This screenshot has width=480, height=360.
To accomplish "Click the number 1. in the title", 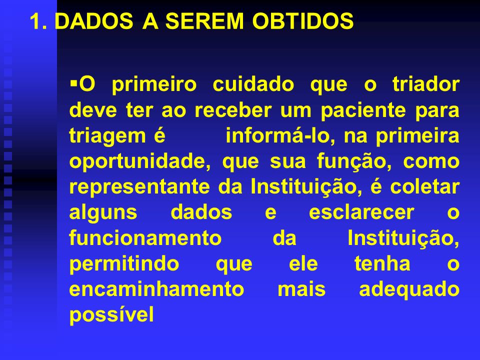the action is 38,21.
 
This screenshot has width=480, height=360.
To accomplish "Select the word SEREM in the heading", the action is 204,21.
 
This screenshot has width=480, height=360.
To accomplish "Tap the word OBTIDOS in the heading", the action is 303,21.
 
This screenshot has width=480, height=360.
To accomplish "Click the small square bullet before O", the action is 74,82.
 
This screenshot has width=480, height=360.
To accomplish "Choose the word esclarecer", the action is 361,212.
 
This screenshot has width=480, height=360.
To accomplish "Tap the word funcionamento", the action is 145,238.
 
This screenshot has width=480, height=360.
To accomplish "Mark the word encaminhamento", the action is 156,289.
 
